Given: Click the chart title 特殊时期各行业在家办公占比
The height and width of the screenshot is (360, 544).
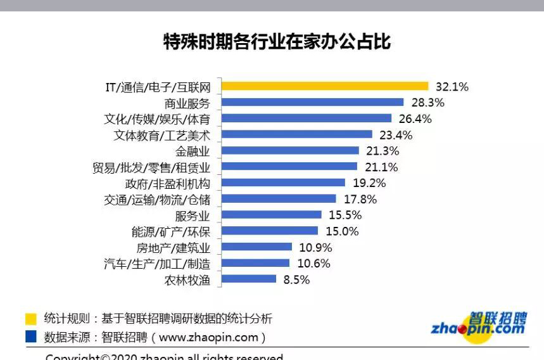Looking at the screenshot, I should (x=277, y=42).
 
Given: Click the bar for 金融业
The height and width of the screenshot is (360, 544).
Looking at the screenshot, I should (x=287, y=151).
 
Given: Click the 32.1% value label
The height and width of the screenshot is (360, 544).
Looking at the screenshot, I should (x=452, y=87).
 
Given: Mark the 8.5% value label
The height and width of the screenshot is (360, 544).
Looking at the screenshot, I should (x=295, y=279).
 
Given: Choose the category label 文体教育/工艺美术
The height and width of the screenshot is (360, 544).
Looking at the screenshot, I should (x=161, y=134).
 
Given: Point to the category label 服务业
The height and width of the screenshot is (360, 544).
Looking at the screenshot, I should (x=193, y=215).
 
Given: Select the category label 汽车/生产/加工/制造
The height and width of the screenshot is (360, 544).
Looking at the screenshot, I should (x=156, y=264).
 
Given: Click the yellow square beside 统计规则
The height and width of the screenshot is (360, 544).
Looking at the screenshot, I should (x=31, y=318).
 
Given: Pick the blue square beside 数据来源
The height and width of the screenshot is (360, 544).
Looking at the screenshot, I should (x=31, y=337).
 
